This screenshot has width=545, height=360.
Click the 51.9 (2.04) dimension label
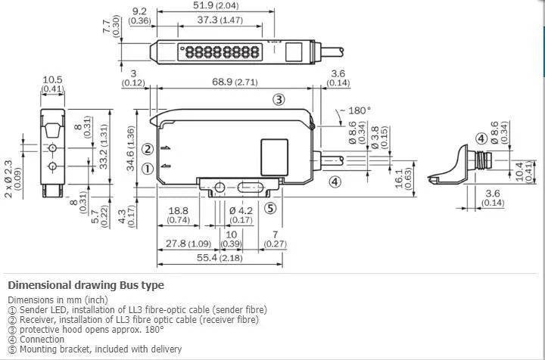click(x=216, y=5)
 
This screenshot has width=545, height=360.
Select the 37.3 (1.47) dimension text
click(x=220, y=20)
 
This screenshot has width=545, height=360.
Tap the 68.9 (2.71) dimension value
click(x=235, y=82)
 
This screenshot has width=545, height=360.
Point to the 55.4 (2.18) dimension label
click(x=220, y=258)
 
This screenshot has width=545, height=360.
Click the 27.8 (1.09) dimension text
click(x=188, y=244)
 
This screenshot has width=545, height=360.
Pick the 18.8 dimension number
click(x=179, y=211)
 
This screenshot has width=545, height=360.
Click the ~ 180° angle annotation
click(x=356, y=110)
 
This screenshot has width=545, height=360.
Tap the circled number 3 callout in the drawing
click(x=279, y=100)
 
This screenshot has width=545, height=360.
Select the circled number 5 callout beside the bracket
click(x=270, y=208)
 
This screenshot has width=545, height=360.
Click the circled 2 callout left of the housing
click(x=148, y=149)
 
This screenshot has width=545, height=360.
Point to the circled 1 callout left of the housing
click(x=148, y=169)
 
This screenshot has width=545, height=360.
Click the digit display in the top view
click(x=220, y=52)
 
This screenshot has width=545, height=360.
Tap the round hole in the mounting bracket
click(x=220, y=188)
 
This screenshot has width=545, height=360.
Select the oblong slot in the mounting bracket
click(x=251, y=188)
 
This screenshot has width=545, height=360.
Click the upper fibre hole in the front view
click(x=52, y=148)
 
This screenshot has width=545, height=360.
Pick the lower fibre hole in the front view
click(x=52, y=166)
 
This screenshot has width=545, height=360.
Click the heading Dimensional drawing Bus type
click(x=86, y=285)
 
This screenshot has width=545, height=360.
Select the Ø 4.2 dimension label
click(x=241, y=211)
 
